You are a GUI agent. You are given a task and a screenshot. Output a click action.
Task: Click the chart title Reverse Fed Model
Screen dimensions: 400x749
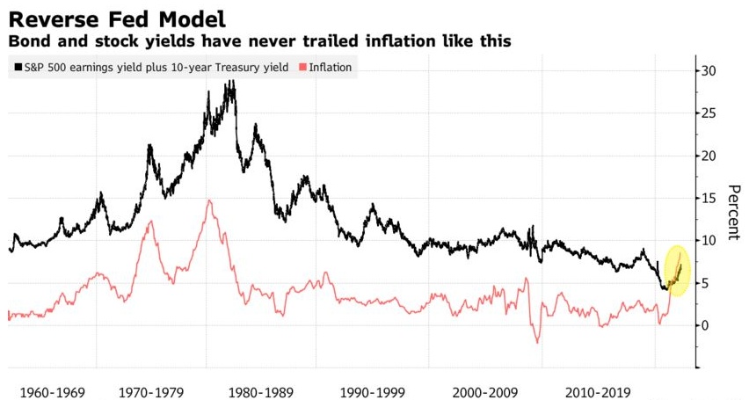click(113, 16)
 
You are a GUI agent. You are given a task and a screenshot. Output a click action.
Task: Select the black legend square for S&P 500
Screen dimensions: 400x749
click(18, 67)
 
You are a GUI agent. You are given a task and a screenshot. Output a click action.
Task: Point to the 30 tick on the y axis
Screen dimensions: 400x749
click(709, 71)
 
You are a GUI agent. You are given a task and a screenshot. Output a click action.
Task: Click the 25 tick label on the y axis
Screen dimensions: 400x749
click(709, 113)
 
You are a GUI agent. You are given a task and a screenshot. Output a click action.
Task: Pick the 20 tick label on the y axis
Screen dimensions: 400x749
click(709, 156)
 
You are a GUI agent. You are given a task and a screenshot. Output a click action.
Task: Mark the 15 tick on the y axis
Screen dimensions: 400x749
click(709, 198)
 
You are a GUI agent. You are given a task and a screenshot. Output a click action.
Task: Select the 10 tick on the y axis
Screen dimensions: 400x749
click(709, 240)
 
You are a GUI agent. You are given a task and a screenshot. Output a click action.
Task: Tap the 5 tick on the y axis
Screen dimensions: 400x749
click(705, 282)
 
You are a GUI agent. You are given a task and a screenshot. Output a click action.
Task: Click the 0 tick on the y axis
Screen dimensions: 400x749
click(705, 325)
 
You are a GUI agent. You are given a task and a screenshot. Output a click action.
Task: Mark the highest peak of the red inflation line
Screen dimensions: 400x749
click(209, 200)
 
